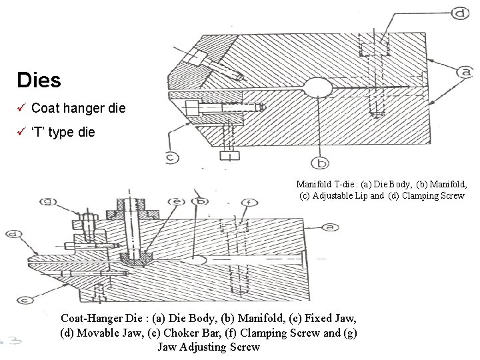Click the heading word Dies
point(39,81)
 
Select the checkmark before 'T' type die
point(21,132)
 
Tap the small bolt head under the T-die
point(229,155)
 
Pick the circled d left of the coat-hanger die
point(13,234)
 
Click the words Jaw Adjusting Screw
point(209,347)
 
